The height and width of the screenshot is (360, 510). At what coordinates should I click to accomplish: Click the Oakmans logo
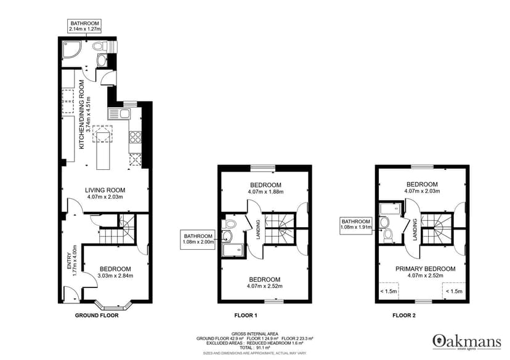[x=467, y=342]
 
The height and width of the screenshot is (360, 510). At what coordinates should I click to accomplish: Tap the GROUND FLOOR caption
[x=97, y=315]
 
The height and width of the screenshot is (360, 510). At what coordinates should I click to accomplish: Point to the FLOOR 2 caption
[x=404, y=315]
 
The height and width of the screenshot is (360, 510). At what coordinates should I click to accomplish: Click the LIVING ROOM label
[x=105, y=190]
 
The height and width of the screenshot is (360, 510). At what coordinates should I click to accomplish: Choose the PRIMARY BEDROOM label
[x=426, y=269]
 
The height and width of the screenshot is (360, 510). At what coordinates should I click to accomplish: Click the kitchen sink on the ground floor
[x=119, y=114]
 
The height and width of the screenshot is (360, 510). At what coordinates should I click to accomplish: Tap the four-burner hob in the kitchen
[x=136, y=137]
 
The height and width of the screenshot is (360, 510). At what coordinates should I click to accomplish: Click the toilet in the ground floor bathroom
[x=100, y=47]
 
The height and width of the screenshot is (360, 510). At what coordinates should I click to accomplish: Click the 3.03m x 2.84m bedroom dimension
[x=115, y=276]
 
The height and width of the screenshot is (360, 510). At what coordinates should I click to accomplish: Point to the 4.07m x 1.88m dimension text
[x=265, y=192]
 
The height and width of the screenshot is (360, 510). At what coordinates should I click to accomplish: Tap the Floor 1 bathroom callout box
[x=198, y=239]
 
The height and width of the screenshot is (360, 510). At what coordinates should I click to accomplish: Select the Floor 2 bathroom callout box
[x=356, y=225]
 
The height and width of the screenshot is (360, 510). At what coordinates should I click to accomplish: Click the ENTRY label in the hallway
[x=69, y=260]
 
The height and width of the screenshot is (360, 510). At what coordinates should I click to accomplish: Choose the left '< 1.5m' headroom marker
[x=389, y=291]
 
